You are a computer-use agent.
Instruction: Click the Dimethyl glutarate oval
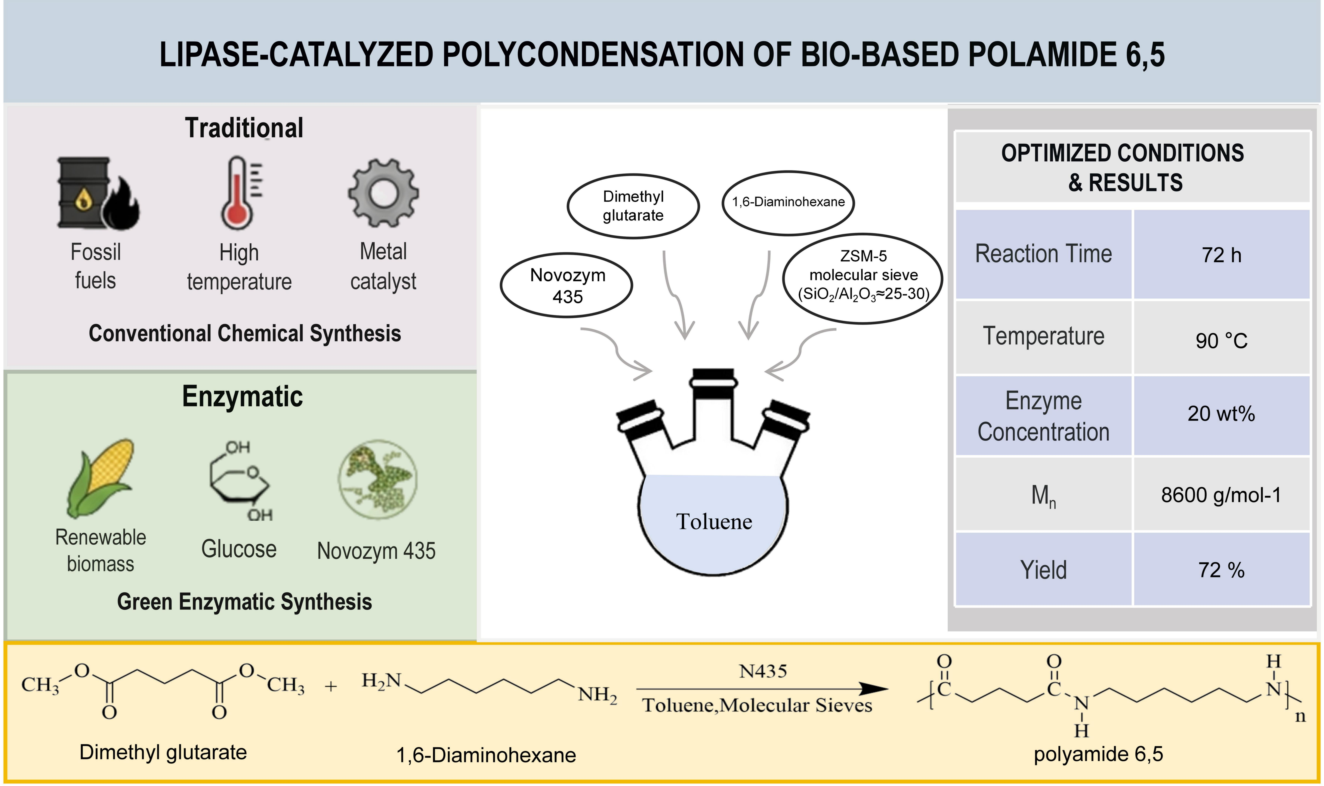[x=633, y=206]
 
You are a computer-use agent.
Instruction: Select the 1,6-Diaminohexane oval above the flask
[x=788, y=202]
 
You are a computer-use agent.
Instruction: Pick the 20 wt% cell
[x=1221, y=414]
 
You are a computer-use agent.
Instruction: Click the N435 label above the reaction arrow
[x=763, y=672]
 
